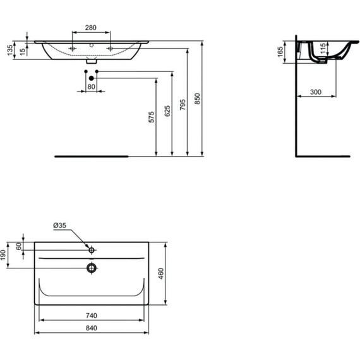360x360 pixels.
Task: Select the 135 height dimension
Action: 9,51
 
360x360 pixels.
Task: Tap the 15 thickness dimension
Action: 23,51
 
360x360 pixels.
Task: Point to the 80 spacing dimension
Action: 91,87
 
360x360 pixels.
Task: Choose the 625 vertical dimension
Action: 167,112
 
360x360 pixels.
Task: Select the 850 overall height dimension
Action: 197,99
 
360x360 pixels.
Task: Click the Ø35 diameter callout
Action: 59,225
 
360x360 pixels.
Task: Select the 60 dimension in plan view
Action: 18,246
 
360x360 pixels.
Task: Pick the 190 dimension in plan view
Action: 4,255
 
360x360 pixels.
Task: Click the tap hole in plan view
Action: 92,250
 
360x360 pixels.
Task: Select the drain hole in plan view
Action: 92,268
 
